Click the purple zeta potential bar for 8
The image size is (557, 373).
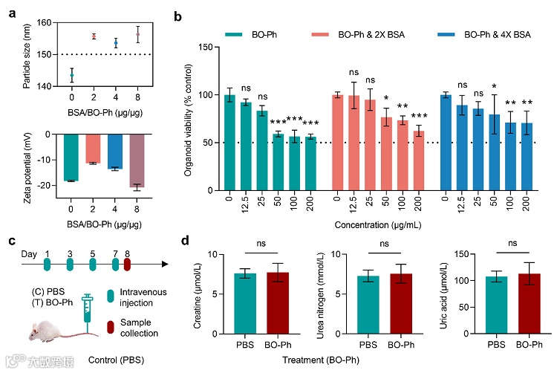point(117,160)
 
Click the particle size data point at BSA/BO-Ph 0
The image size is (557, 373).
point(71,76)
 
